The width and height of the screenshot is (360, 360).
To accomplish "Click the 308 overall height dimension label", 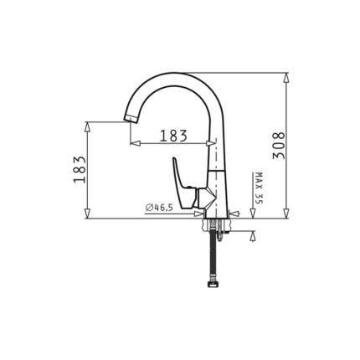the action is coord(278,146).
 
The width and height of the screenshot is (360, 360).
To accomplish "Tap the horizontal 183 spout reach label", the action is coord(173,136).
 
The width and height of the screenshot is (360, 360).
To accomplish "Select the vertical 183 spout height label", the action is coord(80,169).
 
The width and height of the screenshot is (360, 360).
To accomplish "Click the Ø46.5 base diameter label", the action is coord(159,207).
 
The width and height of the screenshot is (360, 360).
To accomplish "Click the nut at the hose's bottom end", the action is coord(213,284).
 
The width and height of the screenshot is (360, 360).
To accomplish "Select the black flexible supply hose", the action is coord(213,254).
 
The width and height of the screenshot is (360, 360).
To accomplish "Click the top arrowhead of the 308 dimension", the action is coord(286,78).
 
